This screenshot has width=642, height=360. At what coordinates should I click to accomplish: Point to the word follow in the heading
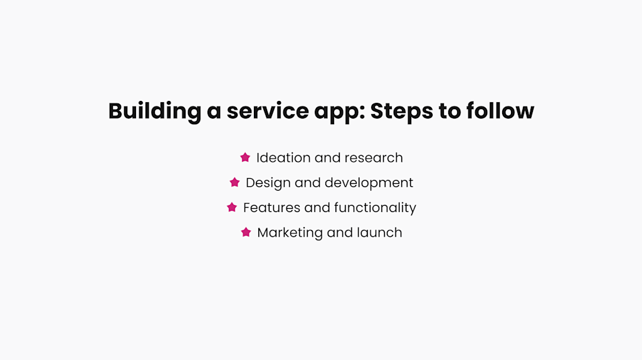tap(500, 112)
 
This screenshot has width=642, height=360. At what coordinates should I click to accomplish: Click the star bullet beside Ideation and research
tap(245, 157)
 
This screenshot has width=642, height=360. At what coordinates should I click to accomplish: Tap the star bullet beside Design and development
tap(234, 183)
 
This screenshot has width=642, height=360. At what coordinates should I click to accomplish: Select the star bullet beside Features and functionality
tap(232, 207)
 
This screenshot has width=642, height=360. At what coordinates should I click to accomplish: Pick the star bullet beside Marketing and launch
tap(246, 232)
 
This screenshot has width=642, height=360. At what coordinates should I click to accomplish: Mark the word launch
tap(379, 232)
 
